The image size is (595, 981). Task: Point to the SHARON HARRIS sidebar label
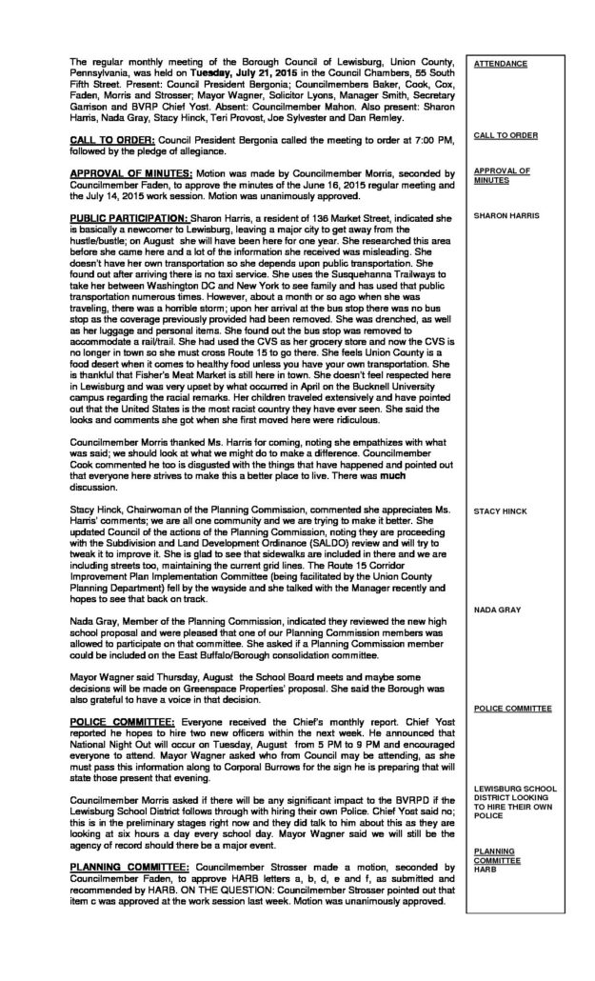506,216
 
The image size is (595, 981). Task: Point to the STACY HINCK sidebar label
501,512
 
